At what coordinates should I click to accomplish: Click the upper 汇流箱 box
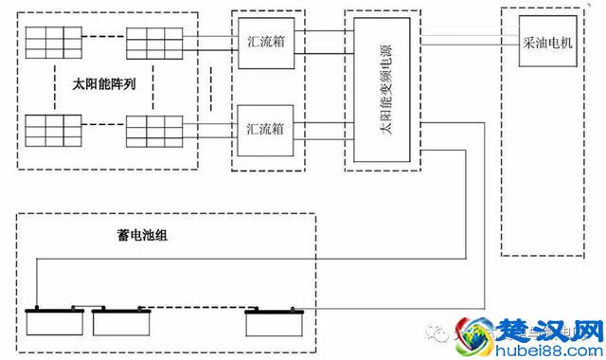tap(266, 43)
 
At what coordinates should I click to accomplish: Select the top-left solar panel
tap(53, 40)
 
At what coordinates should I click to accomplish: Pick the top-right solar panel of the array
tap(153, 40)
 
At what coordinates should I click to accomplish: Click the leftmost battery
tap(55, 323)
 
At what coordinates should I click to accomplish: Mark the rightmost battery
tap(272, 323)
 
